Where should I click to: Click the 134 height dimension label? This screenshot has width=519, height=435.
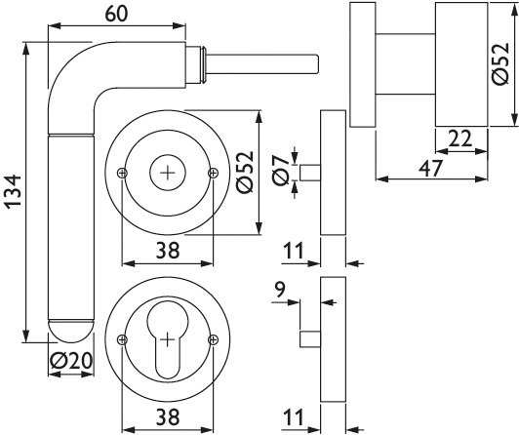coord(15,191)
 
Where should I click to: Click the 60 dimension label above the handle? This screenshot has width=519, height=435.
coord(116,14)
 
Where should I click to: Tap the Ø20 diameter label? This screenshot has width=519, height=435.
coord(71,361)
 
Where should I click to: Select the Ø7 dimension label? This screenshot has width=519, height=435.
coord(280,172)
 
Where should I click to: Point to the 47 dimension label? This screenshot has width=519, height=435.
coord(430,169)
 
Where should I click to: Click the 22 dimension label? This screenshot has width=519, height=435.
coord(459,138)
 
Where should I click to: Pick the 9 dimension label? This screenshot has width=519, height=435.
coord(280,290)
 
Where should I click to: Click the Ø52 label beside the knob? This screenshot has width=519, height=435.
coord(499,64)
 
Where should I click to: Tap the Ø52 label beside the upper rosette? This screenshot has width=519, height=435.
coord(245,173)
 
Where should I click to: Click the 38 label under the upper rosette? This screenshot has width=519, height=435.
coord(168,251)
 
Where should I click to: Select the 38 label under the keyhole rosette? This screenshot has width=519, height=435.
coord(168,417)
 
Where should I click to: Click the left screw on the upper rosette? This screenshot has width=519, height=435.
coord(123,173)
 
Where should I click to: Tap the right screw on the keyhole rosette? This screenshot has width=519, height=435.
coord(213,339)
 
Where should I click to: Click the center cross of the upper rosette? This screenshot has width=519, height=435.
coord(168,173)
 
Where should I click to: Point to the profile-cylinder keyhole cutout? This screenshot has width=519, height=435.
coord(168,339)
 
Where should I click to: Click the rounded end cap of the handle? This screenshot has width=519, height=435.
coord(71,332)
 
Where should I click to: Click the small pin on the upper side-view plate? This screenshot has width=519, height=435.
coord(310,173)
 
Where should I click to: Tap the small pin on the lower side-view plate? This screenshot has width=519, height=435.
coord(310,339)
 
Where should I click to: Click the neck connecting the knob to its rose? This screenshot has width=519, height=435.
coord(406,63)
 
